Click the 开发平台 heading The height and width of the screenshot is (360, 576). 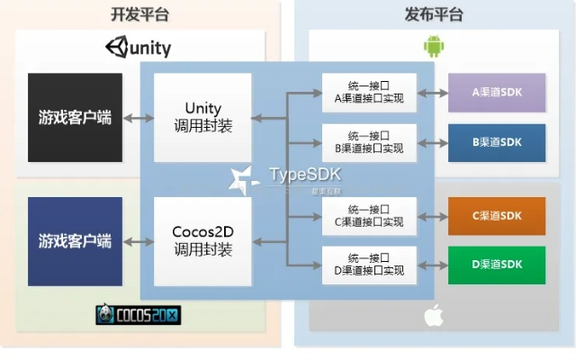tap(139, 13)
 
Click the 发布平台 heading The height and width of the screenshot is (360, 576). tap(436, 13)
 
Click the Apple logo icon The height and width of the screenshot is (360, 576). tap(435, 315)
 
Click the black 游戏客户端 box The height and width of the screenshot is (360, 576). tap(75, 117)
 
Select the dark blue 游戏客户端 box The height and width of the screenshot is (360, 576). tap(75, 240)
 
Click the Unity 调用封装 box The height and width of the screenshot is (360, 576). tap(202, 117)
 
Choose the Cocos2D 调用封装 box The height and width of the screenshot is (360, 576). tap(202, 240)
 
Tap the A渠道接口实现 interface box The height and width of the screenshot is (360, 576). tap(369, 93)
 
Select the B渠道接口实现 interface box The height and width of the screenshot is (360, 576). tap(369, 142)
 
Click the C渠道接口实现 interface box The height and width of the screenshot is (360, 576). tap(369, 216)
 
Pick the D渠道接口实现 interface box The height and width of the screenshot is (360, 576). tap(369, 265)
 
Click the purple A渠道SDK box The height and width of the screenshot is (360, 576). tap(497, 93)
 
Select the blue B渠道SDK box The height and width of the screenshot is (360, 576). tap(497, 142)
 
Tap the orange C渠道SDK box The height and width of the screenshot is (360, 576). tap(497, 216)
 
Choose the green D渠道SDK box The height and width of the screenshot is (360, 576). tap(497, 265)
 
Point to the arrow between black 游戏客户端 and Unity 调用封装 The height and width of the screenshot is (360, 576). tap(138, 118)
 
